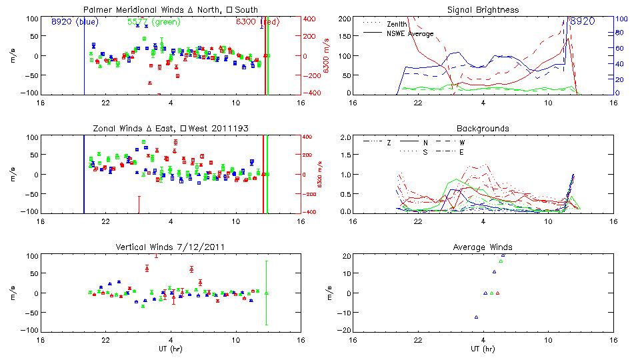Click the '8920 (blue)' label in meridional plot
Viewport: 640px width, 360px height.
[x=75, y=22]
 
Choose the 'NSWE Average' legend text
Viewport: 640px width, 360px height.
[x=410, y=33]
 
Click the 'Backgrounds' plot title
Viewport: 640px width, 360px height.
[x=483, y=128]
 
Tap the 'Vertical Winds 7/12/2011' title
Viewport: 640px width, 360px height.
[x=170, y=247]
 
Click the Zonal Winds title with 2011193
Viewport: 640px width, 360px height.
[x=171, y=128]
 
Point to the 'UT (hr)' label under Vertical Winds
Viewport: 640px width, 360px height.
[x=171, y=349]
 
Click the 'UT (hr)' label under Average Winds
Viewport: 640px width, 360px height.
[x=483, y=349]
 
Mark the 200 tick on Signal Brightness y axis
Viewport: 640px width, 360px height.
[x=345, y=18]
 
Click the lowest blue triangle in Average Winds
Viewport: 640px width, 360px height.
[x=476, y=317]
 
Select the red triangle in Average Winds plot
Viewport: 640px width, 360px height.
[x=497, y=293]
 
